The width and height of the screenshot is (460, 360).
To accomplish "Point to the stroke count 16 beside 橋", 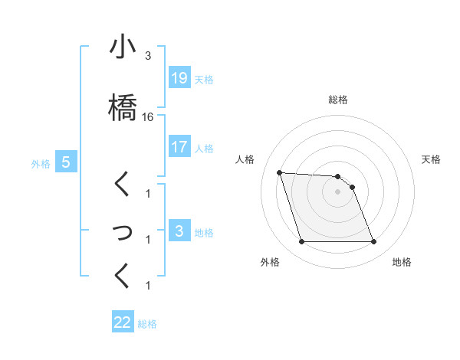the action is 148,117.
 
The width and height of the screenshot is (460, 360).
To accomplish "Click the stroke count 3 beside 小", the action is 147,56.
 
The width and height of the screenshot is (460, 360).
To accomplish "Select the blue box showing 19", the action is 179,77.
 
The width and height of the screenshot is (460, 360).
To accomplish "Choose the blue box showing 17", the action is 179,146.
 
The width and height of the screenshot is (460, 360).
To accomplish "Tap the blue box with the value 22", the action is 123,322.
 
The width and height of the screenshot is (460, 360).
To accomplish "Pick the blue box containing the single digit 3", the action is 179,231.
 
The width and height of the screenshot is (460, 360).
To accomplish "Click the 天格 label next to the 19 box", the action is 204,79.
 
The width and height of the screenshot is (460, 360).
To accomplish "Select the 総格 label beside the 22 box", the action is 147,324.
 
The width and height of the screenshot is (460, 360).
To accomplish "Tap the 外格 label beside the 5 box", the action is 41,163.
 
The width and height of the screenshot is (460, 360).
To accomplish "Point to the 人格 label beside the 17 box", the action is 204,148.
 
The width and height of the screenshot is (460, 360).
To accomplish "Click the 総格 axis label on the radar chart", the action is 338,100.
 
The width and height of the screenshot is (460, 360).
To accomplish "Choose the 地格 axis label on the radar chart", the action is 402,262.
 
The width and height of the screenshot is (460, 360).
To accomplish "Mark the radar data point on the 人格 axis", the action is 279,172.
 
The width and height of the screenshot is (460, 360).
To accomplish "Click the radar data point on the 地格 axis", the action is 373,242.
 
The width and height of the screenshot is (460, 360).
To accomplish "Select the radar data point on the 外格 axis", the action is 301,242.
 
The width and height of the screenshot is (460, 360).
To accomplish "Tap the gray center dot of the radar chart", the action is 337,191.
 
